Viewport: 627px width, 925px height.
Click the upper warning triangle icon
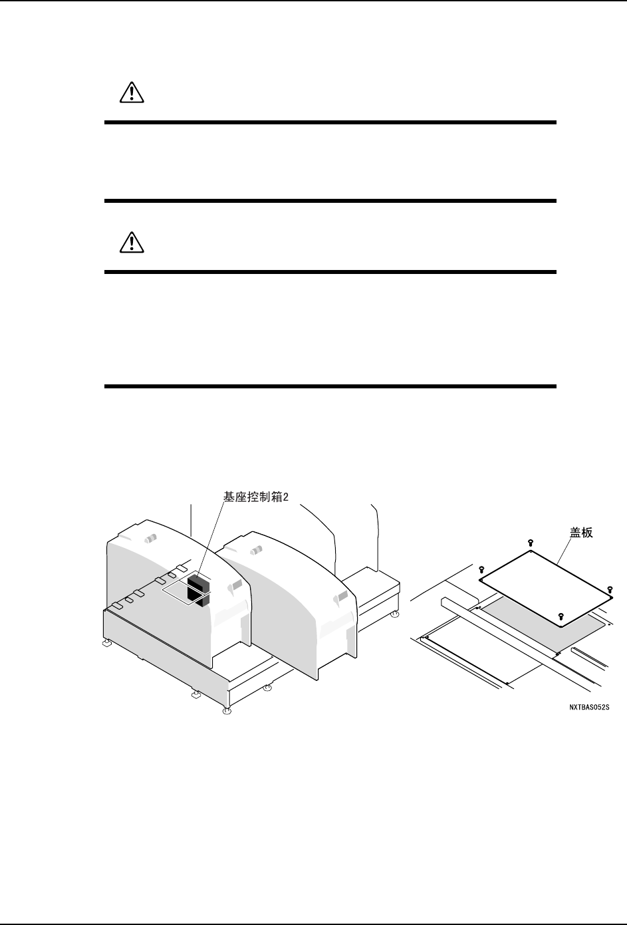[132, 94]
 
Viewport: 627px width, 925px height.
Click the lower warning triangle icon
[132, 243]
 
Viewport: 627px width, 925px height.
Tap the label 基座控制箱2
[255, 496]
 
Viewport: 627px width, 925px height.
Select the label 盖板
[580, 533]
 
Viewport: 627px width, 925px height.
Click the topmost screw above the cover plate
[530, 543]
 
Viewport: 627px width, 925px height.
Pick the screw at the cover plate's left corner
[480, 569]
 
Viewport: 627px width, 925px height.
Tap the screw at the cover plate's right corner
[610, 589]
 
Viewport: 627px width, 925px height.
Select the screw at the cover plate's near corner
[561, 616]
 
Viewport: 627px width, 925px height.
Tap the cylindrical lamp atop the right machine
[257, 551]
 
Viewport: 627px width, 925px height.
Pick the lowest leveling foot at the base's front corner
[227, 711]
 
